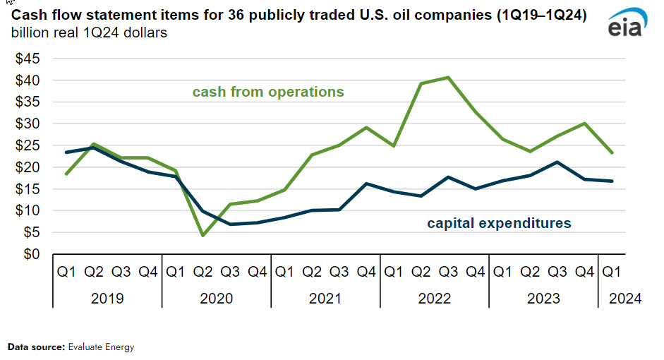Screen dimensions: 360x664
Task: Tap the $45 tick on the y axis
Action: (x=29, y=59)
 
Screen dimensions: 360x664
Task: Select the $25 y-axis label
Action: (x=29, y=145)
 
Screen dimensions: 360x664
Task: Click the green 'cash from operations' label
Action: (x=268, y=92)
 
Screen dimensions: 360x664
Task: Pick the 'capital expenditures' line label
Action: (x=499, y=224)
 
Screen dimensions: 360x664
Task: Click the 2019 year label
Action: (x=107, y=299)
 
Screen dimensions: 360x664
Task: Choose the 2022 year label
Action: (x=435, y=299)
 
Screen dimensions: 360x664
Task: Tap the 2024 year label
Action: (x=624, y=299)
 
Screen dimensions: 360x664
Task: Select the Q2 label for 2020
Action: (x=203, y=271)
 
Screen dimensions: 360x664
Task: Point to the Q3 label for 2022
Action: (x=449, y=271)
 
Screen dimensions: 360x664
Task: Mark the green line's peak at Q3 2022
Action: (x=449, y=77)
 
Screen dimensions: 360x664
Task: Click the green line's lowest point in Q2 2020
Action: (x=203, y=235)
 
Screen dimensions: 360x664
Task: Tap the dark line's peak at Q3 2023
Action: (x=558, y=162)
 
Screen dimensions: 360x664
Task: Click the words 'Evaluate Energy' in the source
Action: (x=101, y=347)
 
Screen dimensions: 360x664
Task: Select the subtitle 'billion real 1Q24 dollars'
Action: (x=89, y=33)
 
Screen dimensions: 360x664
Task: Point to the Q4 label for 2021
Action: (x=367, y=271)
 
